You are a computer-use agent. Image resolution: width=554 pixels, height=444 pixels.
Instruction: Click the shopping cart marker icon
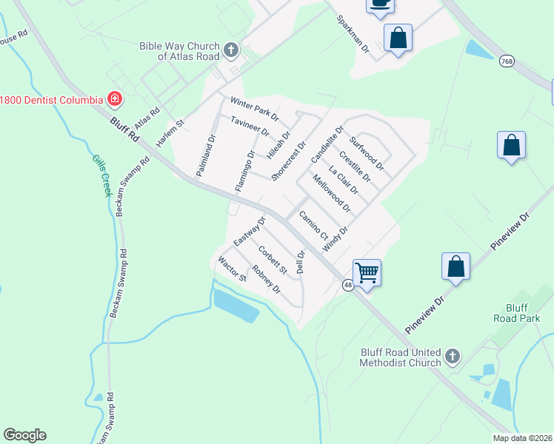(367, 273)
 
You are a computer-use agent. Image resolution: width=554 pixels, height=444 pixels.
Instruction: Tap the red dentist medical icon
(115, 98)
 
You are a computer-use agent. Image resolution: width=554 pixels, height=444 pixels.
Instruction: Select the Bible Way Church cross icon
(231, 50)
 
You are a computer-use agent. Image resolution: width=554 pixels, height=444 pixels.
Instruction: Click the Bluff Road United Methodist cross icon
(453, 357)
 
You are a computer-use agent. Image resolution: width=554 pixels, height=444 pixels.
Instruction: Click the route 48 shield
(347, 285)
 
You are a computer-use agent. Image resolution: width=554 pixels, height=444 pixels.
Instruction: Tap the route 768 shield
(507, 59)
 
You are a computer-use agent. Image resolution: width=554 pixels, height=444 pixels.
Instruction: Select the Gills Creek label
(101, 175)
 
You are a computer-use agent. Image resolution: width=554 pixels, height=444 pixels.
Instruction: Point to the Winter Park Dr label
(254, 110)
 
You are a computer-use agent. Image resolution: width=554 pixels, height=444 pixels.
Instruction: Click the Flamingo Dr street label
(245, 171)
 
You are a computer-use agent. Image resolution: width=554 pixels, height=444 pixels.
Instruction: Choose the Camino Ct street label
(314, 225)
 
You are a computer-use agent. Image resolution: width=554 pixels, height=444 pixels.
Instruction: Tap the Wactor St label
(232, 269)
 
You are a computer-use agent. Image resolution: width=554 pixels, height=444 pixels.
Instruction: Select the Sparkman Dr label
(353, 33)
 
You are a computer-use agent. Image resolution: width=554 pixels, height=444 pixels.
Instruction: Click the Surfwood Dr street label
(367, 152)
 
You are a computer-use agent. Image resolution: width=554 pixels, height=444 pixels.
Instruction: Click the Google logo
(24, 435)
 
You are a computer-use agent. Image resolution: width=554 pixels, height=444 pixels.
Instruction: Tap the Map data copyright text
(522, 438)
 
